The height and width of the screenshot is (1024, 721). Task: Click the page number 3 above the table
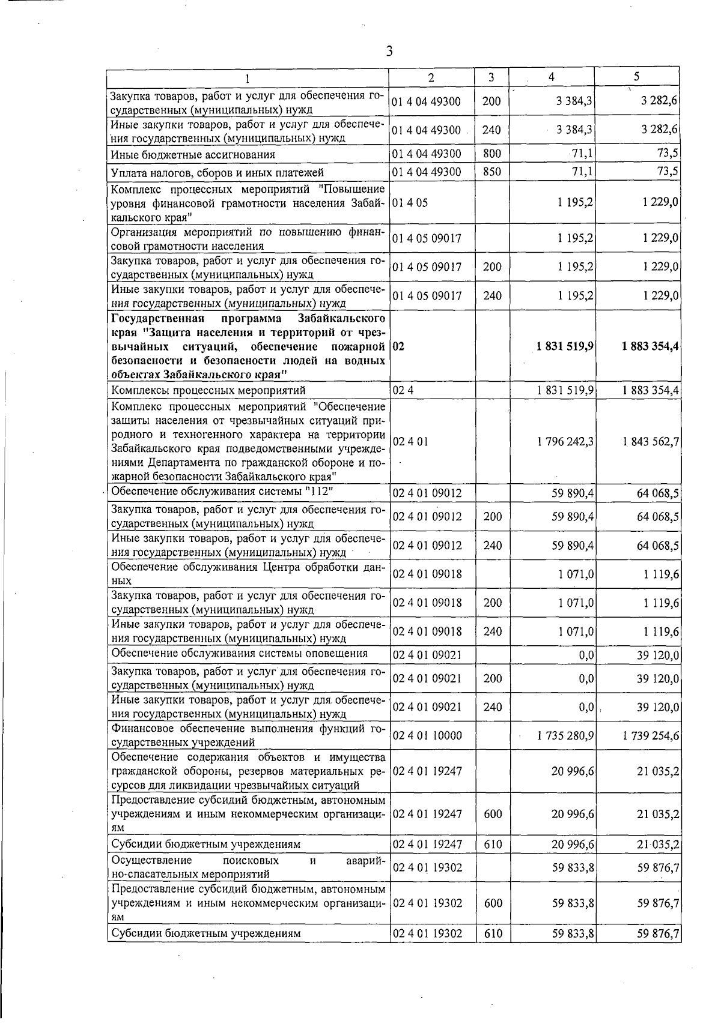(389, 52)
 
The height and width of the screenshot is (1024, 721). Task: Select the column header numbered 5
(636, 76)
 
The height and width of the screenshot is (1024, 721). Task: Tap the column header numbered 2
(431, 77)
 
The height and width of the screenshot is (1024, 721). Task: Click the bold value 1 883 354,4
(651, 347)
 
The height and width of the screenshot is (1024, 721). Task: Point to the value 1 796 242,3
(566, 442)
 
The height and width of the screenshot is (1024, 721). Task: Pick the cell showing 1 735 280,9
(566, 735)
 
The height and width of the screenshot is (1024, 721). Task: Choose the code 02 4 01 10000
(427, 735)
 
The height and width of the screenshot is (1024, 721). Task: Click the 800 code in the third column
(491, 154)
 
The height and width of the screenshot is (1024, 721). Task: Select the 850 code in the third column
(491, 172)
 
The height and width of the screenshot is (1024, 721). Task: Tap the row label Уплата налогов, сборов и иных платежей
(218, 173)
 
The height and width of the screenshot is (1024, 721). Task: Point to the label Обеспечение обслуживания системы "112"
(223, 492)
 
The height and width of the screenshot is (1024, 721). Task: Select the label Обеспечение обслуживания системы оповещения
(240, 654)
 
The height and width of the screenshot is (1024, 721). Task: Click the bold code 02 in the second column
(398, 347)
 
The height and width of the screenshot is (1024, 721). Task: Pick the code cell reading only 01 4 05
(410, 203)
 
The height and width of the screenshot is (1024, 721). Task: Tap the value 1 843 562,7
(651, 442)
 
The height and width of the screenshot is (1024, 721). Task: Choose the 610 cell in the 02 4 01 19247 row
(493, 844)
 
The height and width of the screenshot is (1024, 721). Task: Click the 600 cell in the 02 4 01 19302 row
(493, 903)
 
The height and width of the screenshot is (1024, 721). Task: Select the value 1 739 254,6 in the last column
(651, 735)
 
